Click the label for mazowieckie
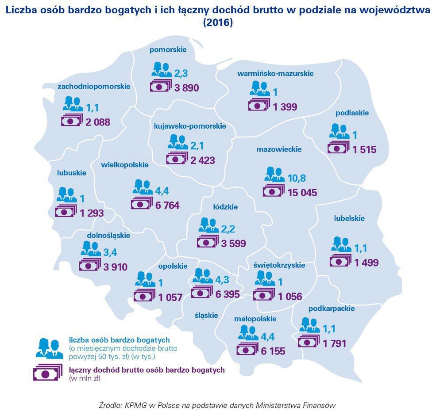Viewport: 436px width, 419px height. pyautogui.click(x=279, y=149)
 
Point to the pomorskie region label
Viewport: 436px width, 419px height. pyautogui.click(x=168, y=50)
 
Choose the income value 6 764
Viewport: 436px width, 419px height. pyautogui.click(x=170, y=206)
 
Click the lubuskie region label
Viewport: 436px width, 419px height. pyautogui.click(x=72, y=173)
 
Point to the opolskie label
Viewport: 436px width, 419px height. pyautogui.click(x=173, y=266)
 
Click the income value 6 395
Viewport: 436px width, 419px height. pyautogui.click(x=224, y=294)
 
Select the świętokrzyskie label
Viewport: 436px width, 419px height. pyautogui.click(x=280, y=265)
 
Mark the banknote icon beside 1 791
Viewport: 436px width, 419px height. pyautogui.click(x=309, y=342)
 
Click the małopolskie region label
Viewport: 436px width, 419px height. pyautogui.click(x=255, y=319)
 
